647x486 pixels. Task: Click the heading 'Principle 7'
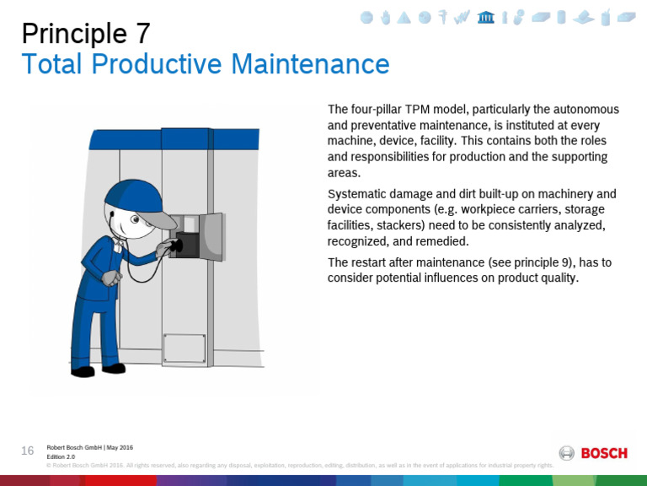(86, 33)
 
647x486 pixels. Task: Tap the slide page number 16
(28, 451)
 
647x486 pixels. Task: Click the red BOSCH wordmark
(604, 453)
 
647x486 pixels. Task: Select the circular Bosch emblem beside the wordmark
(567, 453)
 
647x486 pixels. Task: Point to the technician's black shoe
(83, 371)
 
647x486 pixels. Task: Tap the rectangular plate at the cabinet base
(184, 348)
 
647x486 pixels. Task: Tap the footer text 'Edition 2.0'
(61, 456)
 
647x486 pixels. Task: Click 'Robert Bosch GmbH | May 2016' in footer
(89, 447)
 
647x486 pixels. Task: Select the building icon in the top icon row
(485, 18)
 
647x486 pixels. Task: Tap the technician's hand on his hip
(107, 278)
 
